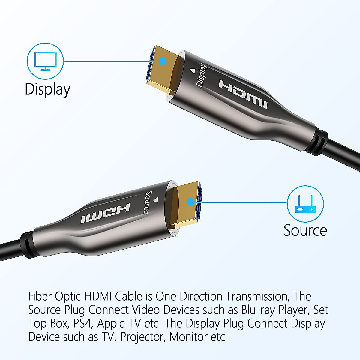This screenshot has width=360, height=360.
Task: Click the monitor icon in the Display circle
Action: tap(45, 61)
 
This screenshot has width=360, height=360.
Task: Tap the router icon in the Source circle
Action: tap(305, 204)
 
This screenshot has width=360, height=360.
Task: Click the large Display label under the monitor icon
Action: tap(47, 89)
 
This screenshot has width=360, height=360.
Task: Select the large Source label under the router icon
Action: tap(305, 230)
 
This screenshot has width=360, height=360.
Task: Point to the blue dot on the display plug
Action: tap(163, 61)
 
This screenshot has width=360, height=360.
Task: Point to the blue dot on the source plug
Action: tap(190, 202)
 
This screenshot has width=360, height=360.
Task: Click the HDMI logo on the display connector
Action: tap(243, 94)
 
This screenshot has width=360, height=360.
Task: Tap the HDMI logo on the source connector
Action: tap(105, 213)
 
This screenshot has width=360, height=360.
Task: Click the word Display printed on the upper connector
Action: tap(201, 76)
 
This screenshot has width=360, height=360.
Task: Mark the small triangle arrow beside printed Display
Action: tap(193, 71)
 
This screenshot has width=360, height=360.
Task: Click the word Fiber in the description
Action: tap(40, 296)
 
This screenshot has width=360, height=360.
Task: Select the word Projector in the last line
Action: tap(142, 337)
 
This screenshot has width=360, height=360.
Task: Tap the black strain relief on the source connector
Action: tap(26, 243)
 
